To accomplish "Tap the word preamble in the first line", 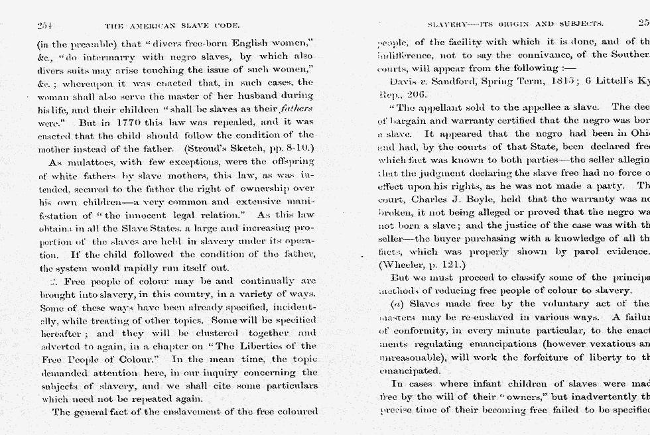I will pyautogui.click(x=82, y=43).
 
